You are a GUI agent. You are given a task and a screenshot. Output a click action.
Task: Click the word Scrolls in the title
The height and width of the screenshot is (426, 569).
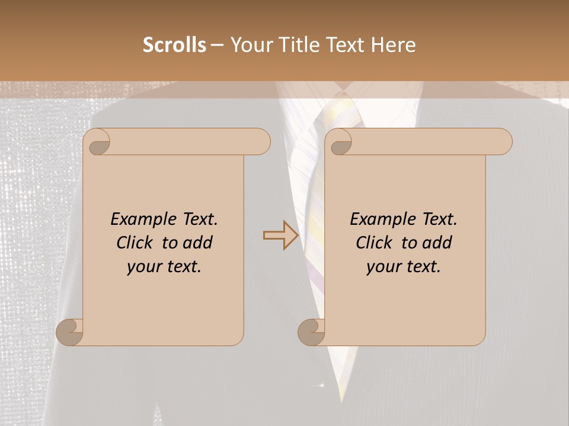click(x=175, y=45)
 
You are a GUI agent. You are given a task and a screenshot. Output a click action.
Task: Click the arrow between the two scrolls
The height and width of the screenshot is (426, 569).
click(x=281, y=235)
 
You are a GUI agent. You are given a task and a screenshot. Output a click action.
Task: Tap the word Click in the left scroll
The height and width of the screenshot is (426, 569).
click(x=136, y=243)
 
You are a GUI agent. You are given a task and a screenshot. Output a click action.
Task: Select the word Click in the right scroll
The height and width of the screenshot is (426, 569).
click(x=376, y=243)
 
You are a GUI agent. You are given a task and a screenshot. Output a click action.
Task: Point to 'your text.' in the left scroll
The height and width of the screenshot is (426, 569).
click(x=164, y=266)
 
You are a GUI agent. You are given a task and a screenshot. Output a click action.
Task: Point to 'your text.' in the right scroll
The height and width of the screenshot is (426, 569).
click(x=404, y=266)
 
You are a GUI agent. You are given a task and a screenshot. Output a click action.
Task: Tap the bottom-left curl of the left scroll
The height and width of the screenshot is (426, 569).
click(x=70, y=331)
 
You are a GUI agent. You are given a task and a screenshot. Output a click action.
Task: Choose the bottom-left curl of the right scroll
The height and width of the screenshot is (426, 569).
click(x=312, y=331)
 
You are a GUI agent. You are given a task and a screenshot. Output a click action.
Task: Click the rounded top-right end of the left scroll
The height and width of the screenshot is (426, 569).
click(x=261, y=141)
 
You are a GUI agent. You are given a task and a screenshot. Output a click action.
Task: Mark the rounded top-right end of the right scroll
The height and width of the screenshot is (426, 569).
click(x=503, y=141)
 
